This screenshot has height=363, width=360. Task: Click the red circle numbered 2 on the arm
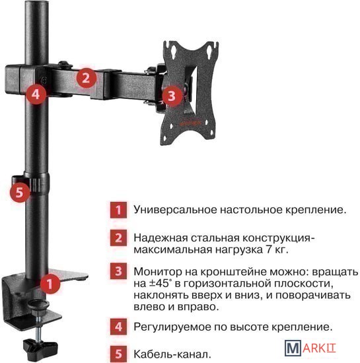[86, 78]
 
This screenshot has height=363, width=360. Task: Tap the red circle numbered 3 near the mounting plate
[172, 96]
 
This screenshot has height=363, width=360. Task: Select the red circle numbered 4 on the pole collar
[36, 94]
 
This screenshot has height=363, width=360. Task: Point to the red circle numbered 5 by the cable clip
[20, 192]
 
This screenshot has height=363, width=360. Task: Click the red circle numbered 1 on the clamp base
[50, 284]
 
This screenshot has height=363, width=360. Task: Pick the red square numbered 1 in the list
[118, 210]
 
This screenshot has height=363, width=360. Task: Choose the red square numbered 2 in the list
[118, 238]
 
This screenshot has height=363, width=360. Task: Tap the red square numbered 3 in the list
[118, 271]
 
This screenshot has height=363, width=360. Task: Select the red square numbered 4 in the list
[118, 327]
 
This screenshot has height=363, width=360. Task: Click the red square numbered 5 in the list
[118, 354]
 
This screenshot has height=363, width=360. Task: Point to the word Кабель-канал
[172, 354]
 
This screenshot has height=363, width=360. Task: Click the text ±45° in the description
[159, 284]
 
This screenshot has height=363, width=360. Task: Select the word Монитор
[158, 271]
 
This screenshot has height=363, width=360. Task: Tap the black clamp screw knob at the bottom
[40, 346]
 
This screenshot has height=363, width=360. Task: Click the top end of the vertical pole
[37, 2]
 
